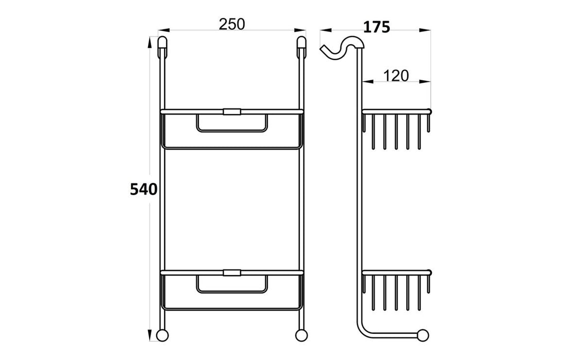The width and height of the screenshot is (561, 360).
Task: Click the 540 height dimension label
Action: point(143,189)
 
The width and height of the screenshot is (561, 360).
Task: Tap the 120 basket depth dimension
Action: point(396,76)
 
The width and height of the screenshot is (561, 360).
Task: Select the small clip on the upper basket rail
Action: point(231,111)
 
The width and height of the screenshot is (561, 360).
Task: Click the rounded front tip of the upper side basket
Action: point(429,111)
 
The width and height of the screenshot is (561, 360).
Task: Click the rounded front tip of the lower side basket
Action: point(429,272)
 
